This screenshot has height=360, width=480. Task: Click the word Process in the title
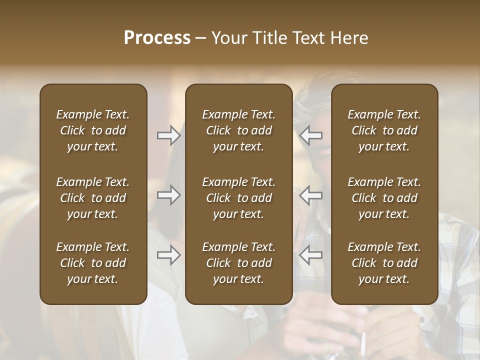point(157,38)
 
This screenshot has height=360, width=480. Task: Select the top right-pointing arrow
point(169,135)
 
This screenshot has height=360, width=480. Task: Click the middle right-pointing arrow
point(169,195)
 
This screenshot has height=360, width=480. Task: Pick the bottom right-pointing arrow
point(169,255)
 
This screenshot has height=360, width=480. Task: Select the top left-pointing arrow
point(311,135)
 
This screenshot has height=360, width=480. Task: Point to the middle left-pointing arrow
point(311,195)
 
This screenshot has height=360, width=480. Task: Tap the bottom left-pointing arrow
point(311,255)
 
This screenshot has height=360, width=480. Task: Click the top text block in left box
point(93,130)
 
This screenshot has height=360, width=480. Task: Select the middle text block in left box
point(93,198)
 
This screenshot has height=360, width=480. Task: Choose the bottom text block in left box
point(93,263)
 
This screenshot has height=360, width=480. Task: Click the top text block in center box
point(239,130)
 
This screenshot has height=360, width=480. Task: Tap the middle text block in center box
point(239,198)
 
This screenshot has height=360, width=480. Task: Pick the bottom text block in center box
point(239,263)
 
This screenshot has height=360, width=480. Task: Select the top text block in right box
point(384,130)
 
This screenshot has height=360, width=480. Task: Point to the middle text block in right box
point(384,198)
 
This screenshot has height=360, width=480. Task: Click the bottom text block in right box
point(384,263)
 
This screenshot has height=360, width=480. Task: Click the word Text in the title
point(309,38)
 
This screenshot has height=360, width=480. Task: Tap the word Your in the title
point(228,38)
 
